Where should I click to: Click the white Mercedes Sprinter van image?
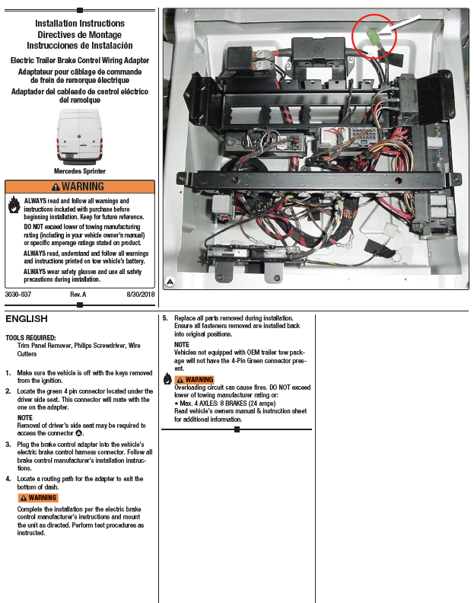pos(79,136)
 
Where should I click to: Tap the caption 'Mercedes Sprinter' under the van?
pos(79,171)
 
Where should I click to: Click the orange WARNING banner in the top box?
pos(79,187)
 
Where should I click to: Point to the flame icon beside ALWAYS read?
pos(14,204)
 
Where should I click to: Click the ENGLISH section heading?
pos(27,318)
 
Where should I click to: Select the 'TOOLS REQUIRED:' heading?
pos(30,337)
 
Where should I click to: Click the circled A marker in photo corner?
pos(170,282)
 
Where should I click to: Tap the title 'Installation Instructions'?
pos(79,24)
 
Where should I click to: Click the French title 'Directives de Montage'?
pos(79,34)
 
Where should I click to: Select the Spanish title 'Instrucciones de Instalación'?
pos(79,45)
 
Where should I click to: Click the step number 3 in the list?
pos(8,444)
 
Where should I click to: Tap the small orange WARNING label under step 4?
pos(38,498)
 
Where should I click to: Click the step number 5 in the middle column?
pos(165,317)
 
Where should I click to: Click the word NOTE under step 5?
pos(183,345)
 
